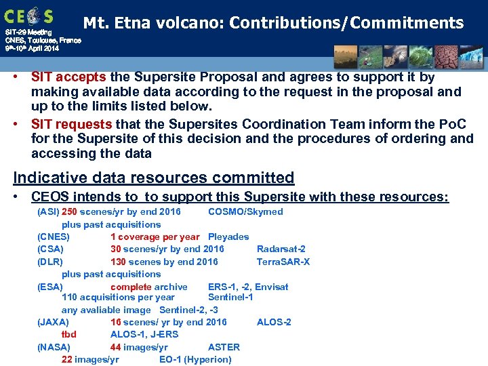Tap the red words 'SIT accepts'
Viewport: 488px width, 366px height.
[x=66, y=77]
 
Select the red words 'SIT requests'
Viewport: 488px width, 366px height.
[x=72, y=124]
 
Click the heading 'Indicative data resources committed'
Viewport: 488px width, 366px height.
[x=154, y=178]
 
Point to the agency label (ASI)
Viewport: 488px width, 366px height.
[x=48, y=211]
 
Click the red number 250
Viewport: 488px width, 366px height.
[x=69, y=211]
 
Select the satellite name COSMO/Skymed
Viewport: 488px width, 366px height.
[x=245, y=211]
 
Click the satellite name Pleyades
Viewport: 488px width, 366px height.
[x=228, y=237]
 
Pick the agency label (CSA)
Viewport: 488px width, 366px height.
[x=50, y=249]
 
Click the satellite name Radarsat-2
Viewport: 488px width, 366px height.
[x=281, y=249]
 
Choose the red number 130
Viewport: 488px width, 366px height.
[x=118, y=262]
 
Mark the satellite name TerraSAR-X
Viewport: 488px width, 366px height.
[x=283, y=262]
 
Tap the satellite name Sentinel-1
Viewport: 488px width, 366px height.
[x=230, y=297]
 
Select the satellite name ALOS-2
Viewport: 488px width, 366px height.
[x=274, y=322]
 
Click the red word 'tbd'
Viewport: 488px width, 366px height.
[x=69, y=334]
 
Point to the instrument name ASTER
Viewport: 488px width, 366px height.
[x=224, y=347]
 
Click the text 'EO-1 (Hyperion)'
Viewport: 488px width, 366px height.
[x=195, y=359]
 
